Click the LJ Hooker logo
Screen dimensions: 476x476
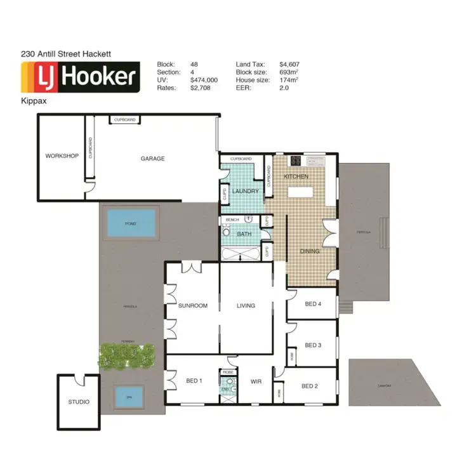click(x=81, y=77)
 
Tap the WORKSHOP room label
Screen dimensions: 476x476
click(x=62, y=156)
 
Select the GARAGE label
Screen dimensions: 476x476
click(x=152, y=159)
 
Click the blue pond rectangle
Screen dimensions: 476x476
click(x=131, y=223)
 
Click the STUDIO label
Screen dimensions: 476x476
click(x=79, y=402)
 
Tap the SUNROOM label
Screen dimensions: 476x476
click(x=193, y=306)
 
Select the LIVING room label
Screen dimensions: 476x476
click(x=246, y=306)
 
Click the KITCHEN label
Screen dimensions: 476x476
click(x=296, y=176)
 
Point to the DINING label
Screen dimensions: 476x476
click(x=310, y=251)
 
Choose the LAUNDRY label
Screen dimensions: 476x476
click(x=244, y=191)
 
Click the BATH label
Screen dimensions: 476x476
click(x=244, y=234)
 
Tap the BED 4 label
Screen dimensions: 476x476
click(x=313, y=304)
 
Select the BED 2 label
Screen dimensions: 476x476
click(x=309, y=386)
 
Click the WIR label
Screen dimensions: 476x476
click(x=256, y=382)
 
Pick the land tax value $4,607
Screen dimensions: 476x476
click(x=289, y=64)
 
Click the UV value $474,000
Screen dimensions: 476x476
click(x=204, y=81)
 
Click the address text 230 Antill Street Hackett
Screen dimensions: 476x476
click(x=66, y=55)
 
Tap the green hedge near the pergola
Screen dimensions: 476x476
click(x=127, y=355)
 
